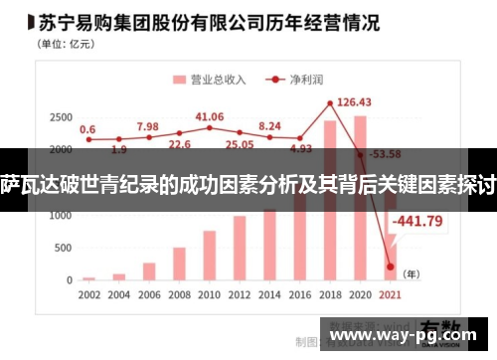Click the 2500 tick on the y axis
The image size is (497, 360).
click(59, 117)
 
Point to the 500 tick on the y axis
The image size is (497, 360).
click(62, 249)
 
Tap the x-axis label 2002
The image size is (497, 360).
click(89, 295)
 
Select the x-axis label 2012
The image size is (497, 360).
click(240, 295)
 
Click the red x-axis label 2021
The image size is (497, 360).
click(389, 295)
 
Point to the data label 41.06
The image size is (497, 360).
click(210, 116)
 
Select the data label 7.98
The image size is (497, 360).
click(147, 126)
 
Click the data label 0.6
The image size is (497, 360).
click(88, 129)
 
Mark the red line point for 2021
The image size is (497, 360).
click(390, 267)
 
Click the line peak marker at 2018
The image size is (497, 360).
click(330, 103)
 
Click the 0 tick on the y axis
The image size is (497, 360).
click(69, 280)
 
